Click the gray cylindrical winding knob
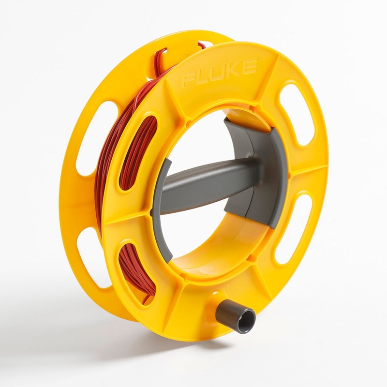[x=235, y=316]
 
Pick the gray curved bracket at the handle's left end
[x=163, y=203]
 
